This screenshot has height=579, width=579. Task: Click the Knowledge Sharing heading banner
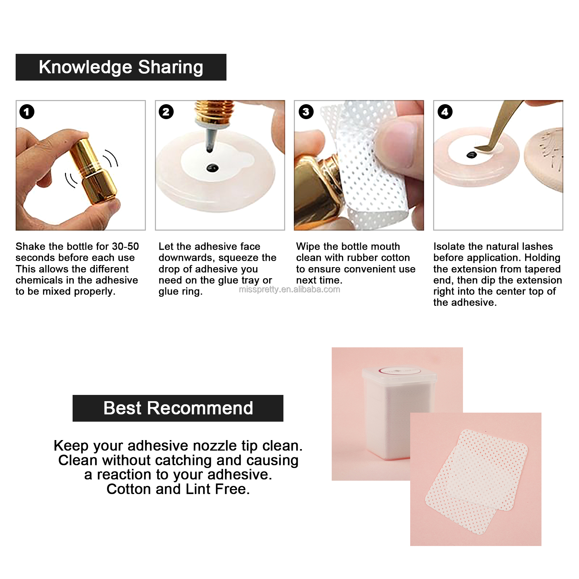pos(121,67)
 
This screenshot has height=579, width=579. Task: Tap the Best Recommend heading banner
pos(178,408)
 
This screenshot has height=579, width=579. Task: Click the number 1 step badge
pos(27,112)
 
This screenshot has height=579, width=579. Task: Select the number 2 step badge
pos(166,112)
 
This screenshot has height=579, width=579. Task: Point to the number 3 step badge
pos(306,112)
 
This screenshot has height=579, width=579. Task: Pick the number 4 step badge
pos(445,112)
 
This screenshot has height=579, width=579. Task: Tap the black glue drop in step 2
pos(212,168)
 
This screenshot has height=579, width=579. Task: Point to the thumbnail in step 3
pos(399,146)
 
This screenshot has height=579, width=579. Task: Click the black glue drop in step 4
pos(471,155)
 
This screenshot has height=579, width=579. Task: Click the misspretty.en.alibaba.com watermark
pos(289,290)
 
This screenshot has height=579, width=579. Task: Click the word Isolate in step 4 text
pos(449,247)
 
